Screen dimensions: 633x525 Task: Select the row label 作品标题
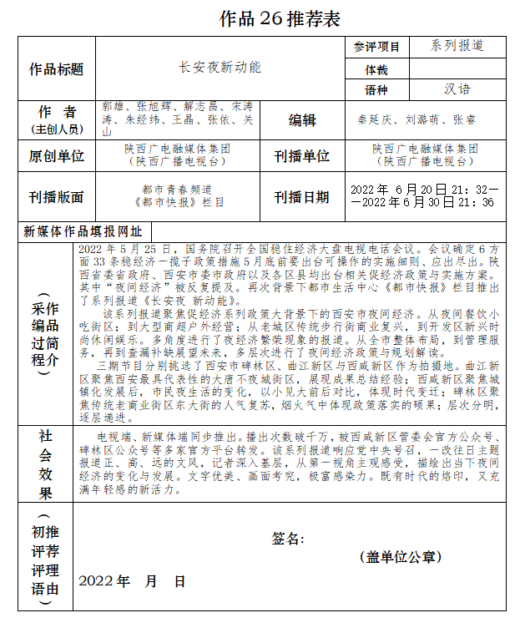pyautogui.click(x=57, y=68)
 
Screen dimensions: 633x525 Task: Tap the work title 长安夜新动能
pyautogui.click(x=220, y=67)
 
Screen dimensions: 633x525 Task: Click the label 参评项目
pyautogui.click(x=376, y=47)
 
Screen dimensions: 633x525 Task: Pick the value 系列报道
pyautogui.click(x=457, y=46)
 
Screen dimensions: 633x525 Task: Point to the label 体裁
pyautogui.click(x=376, y=68)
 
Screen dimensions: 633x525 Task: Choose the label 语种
pyautogui.click(x=376, y=89)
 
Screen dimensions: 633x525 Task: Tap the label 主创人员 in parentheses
pyautogui.click(x=57, y=129)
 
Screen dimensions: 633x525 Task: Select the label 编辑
pyautogui.click(x=302, y=120)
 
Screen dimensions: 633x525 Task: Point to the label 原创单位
pyautogui.click(x=57, y=156)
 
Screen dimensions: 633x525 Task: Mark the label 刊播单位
pyautogui.click(x=302, y=156)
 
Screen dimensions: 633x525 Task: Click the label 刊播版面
pyautogui.click(x=57, y=197)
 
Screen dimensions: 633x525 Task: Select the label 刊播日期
pyautogui.click(x=302, y=197)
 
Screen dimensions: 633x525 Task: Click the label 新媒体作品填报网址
pyautogui.click(x=83, y=231)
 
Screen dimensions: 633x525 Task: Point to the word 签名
pyautogui.click(x=288, y=539)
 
